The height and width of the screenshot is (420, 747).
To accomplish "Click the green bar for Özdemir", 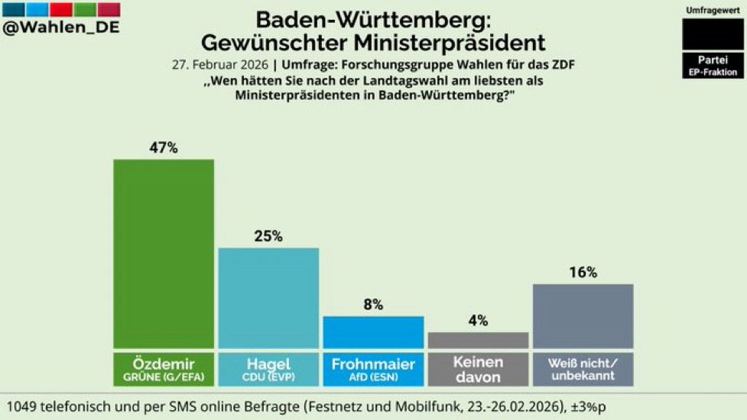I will click(x=164, y=254).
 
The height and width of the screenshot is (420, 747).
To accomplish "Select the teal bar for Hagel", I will click(x=268, y=298).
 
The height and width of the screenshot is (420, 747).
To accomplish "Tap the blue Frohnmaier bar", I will click(x=373, y=332).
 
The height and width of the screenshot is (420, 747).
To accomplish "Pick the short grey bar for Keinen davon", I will click(x=478, y=341).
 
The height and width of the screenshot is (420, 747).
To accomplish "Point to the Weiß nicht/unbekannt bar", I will click(x=583, y=316).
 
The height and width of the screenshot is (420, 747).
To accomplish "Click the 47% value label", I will click(x=164, y=148).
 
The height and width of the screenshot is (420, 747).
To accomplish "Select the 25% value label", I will click(x=268, y=237).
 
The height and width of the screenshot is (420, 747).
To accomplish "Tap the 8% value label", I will click(x=373, y=305).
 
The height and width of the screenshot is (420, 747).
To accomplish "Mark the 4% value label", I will click(x=478, y=321).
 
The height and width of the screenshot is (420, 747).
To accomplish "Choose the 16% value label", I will click(x=583, y=273).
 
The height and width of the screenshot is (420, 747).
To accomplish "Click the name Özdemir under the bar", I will click(x=164, y=363).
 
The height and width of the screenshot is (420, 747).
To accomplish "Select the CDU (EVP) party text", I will click(x=268, y=376).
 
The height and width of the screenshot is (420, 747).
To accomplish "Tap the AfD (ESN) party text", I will click(x=373, y=376).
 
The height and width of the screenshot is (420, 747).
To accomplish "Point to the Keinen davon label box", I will click(x=478, y=370).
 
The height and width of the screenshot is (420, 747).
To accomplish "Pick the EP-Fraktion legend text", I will click(x=712, y=72).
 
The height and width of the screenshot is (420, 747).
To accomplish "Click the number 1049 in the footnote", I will click(x=24, y=406).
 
